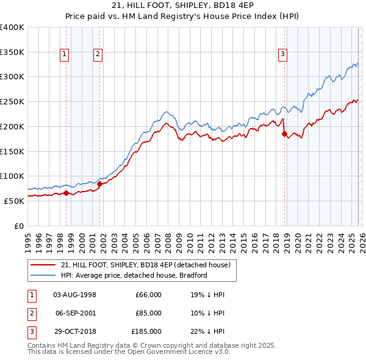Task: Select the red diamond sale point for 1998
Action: point(66,193)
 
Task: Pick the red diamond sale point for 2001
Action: point(100,184)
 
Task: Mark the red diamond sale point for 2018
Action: point(284,134)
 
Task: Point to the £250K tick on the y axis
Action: point(12,102)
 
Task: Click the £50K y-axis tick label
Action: point(14,201)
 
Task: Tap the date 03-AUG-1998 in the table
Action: point(75,295)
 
